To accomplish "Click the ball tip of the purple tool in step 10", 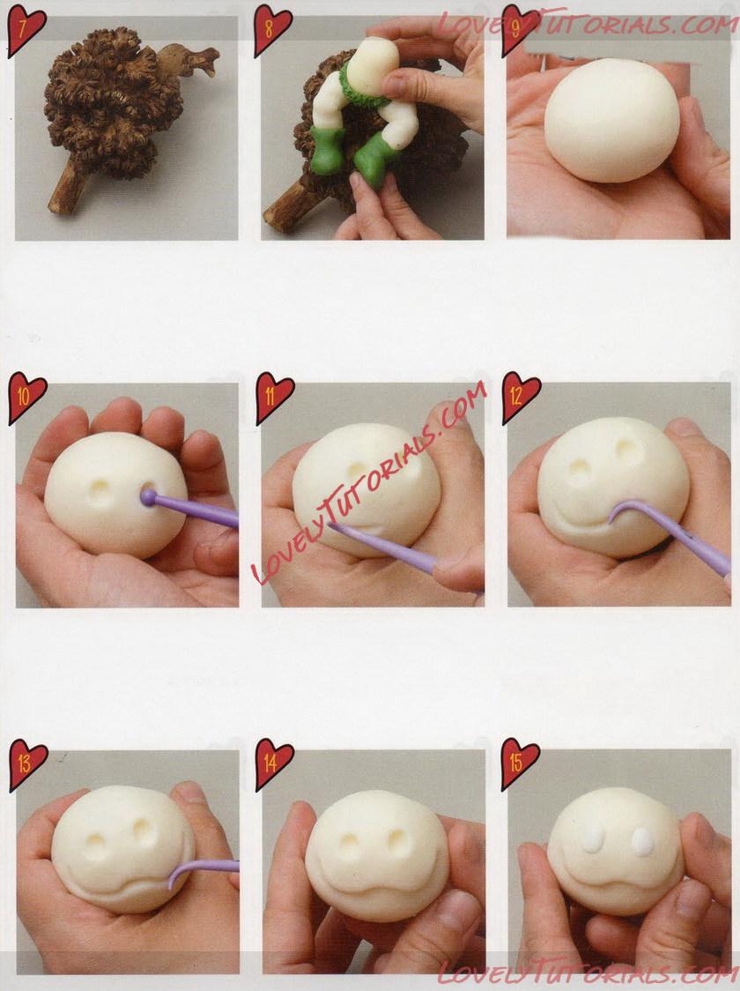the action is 148,497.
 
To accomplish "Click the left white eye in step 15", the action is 592,839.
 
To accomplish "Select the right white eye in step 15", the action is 643,841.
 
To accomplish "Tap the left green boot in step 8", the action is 327,149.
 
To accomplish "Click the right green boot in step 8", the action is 374,162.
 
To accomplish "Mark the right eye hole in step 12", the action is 625,448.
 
